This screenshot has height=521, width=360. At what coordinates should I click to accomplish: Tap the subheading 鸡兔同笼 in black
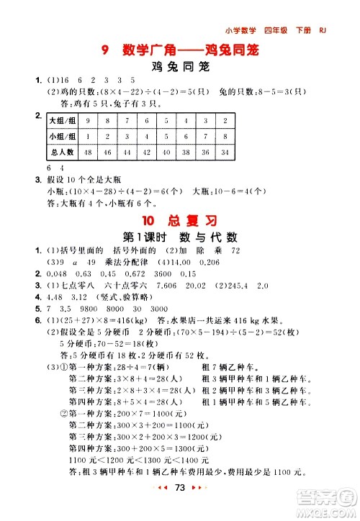[180, 68]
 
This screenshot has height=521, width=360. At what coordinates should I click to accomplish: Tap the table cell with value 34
[226, 152]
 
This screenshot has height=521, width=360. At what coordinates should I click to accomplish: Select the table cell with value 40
[167, 152]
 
